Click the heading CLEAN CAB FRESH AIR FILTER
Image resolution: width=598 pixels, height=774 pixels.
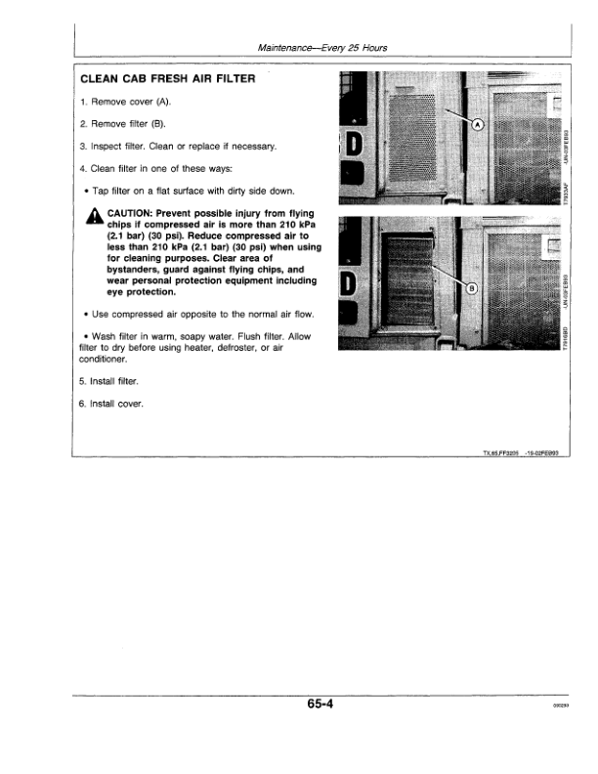(x=168, y=79)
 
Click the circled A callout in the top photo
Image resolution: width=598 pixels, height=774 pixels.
(x=478, y=126)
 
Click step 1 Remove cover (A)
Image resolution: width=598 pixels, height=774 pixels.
(x=125, y=103)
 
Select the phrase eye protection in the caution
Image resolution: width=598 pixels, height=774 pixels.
(x=142, y=291)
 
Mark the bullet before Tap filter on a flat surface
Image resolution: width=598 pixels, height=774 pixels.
(x=87, y=191)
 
